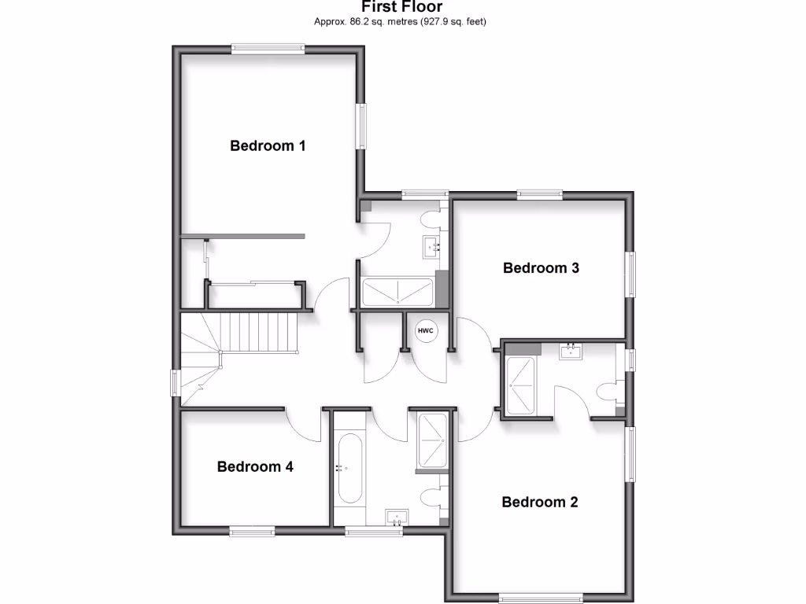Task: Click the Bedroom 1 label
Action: [x=268, y=145]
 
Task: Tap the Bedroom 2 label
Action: [x=540, y=502]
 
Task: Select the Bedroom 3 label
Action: [x=542, y=267]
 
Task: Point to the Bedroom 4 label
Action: [x=255, y=466]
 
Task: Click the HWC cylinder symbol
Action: [x=426, y=330]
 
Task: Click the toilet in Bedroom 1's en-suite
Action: [x=431, y=217]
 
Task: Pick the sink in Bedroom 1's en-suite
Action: [x=433, y=247]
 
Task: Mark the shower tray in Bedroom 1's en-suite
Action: [x=397, y=293]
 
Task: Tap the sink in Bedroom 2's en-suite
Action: [x=571, y=351]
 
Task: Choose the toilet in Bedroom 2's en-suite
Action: [x=608, y=391]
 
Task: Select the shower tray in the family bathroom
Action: [x=432, y=440]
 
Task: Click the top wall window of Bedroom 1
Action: [x=268, y=49]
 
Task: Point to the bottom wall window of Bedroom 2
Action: [x=542, y=597]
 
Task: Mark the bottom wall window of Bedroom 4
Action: [x=252, y=532]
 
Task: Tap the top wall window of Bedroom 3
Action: [x=540, y=193]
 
